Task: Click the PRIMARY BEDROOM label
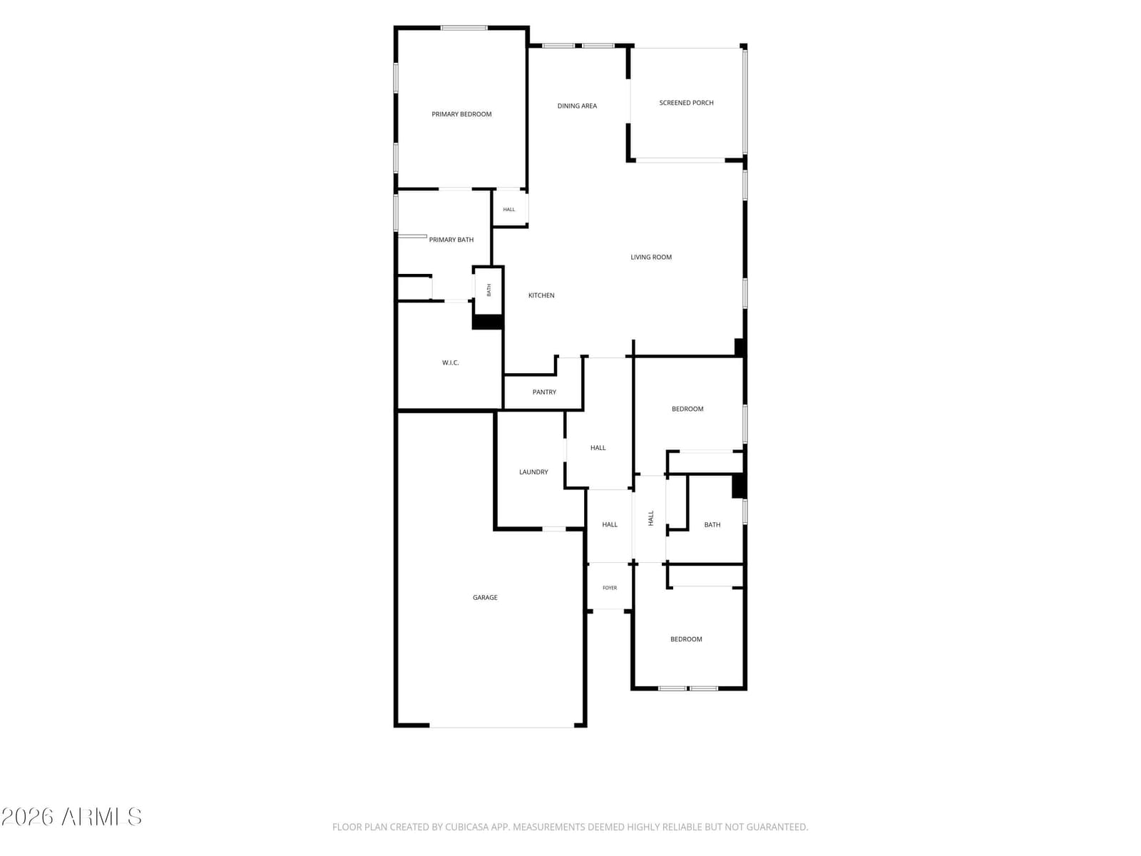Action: point(461,114)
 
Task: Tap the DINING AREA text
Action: point(577,106)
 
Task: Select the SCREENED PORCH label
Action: point(686,103)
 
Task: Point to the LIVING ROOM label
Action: point(651,258)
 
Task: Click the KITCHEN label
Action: point(541,295)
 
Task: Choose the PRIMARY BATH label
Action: point(451,240)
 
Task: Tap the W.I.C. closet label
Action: point(450,363)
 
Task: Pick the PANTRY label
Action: point(544,392)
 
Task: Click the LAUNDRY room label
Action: point(533,472)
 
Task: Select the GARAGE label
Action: point(485,598)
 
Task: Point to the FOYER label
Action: point(610,588)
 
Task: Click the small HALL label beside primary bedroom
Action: point(509,210)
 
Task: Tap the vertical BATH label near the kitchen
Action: point(488,290)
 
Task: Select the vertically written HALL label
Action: point(651,518)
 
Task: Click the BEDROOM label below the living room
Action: point(687,409)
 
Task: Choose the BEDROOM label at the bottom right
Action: point(686,639)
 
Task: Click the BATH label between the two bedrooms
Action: point(712,525)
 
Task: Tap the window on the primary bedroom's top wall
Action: point(464,28)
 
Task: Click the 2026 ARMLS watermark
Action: point(71,817)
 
